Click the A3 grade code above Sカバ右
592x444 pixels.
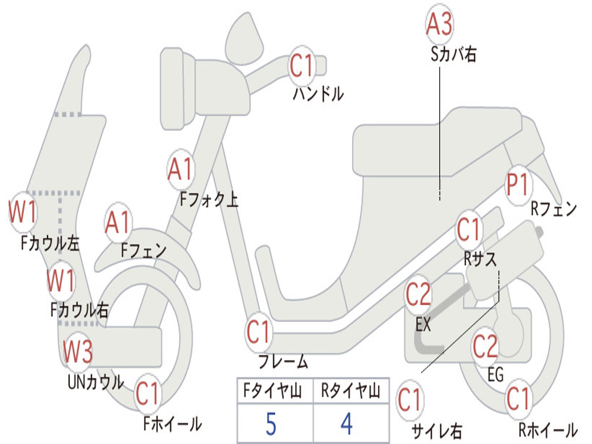(439, 24)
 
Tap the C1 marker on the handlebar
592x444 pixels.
(301, 65)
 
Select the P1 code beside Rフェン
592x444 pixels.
(517, 186)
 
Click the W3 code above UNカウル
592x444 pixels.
(77, 351)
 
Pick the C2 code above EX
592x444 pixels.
(418, 295)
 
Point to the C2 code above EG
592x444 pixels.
(485, 346)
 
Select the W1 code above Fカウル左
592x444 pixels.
(23, 212)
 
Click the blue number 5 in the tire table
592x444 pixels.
(271, 424)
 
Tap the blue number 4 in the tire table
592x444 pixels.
(346, 424)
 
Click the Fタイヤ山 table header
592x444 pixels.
(271, 391)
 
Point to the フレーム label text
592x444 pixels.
(283, 362)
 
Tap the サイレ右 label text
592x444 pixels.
(436, 431)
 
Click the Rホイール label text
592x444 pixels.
(547, 430)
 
